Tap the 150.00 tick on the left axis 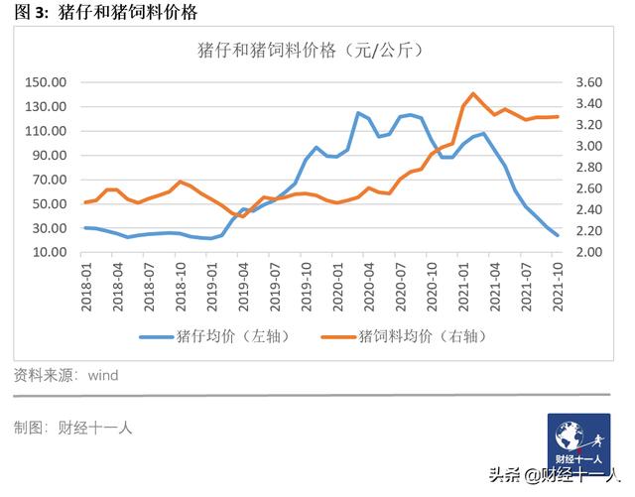click(x=46, y=82)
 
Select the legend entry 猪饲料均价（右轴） click(x=418, y=335)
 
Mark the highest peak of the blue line click(x=357, y=113)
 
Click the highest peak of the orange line click(x=473, y=93)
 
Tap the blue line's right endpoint click(x=558, y=236)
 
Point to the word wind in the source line click(x=103, y=376)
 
